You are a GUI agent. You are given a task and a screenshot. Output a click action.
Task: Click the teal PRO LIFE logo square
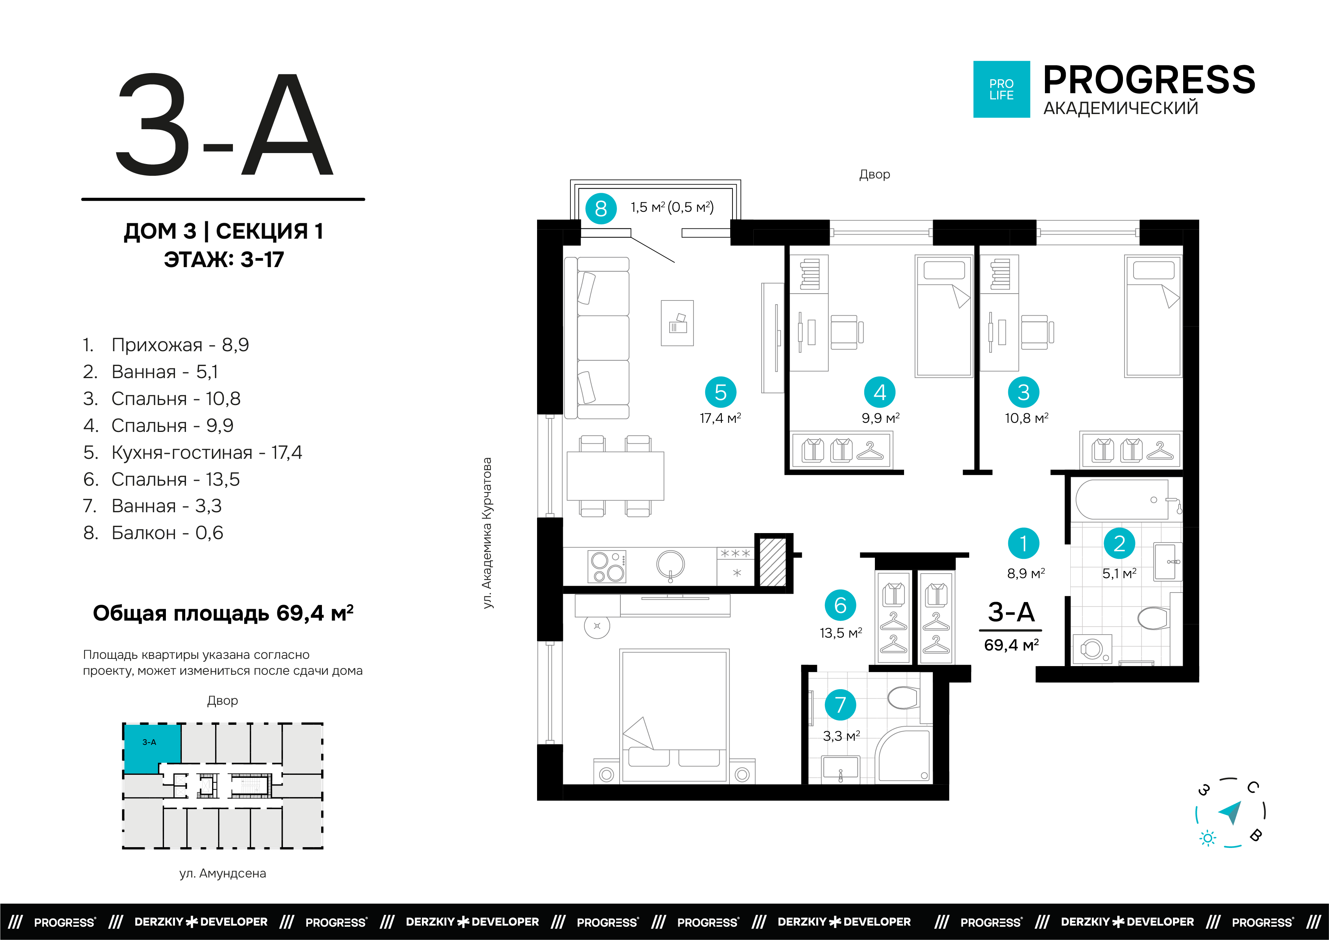[x=1001, y=89]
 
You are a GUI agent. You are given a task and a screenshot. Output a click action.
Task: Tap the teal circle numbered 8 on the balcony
[x=601, y=208]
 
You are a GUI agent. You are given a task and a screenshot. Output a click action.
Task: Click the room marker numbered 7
[x=840, y=704]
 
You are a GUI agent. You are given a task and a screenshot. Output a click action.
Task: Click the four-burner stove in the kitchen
[x=607, y=566]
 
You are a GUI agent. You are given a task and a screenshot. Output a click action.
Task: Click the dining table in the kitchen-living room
[x=615, y=475]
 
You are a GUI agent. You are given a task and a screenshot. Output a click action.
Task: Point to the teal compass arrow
[x=1231, y=812]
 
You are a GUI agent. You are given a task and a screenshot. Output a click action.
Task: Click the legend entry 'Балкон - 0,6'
[x=153, y=533]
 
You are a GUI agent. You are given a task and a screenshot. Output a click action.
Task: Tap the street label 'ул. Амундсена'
[x=223, y=873]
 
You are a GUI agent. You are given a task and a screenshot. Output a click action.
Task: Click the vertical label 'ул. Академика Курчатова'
[x=487, y=533]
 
